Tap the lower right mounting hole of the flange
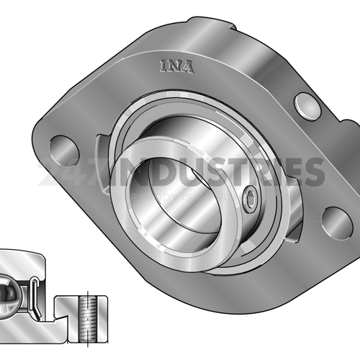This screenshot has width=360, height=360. point(337,221)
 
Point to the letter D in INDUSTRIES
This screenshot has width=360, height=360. point(153,171)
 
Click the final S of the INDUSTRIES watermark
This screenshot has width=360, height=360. point(312,171)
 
